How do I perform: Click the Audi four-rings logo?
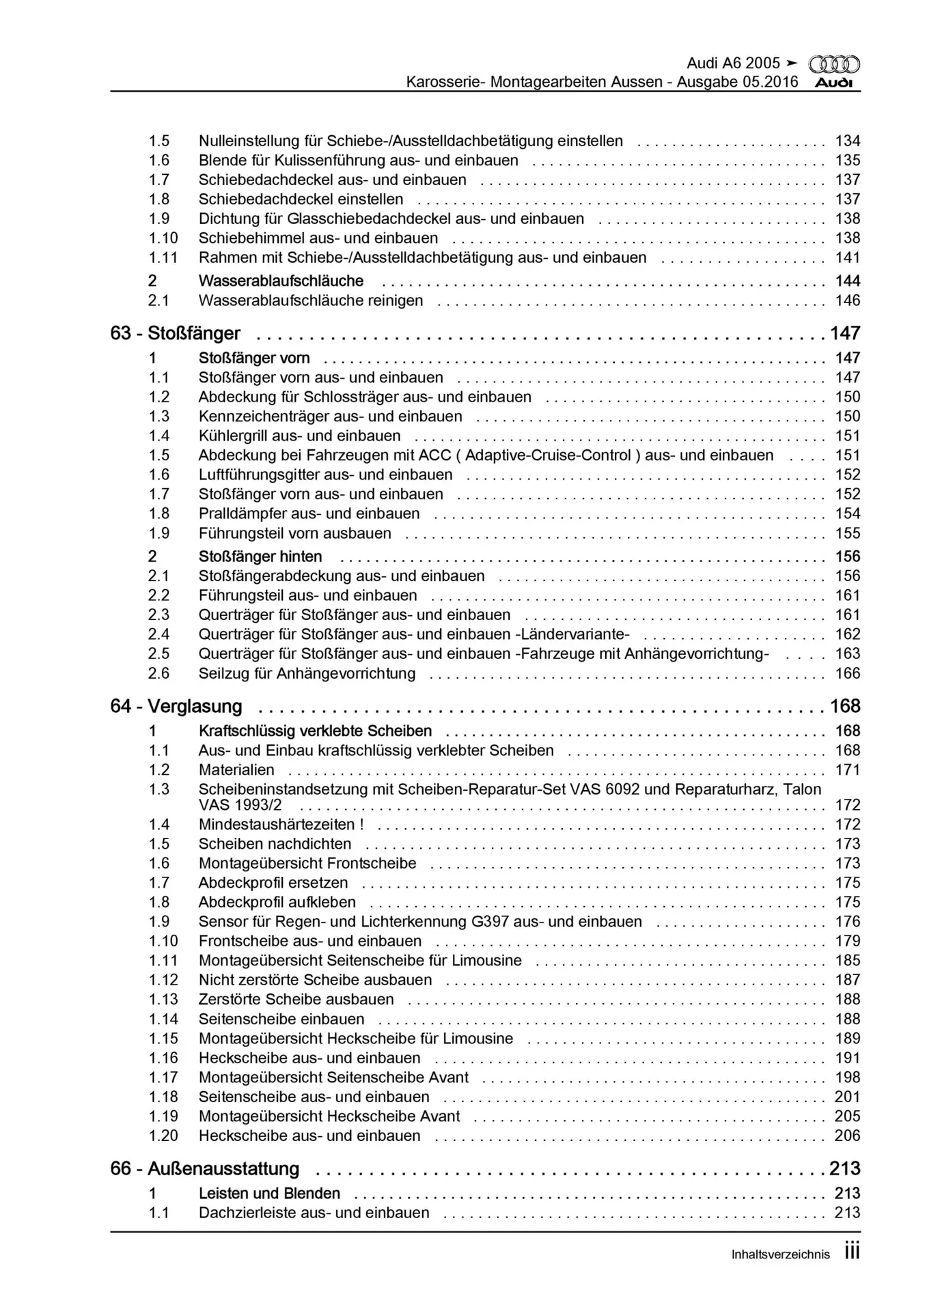[834, 65]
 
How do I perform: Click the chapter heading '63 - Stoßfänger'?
[176, 333]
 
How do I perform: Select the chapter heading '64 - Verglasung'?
[176, 706]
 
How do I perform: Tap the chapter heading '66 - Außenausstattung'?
[205, 1168]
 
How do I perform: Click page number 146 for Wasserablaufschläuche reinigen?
[847, 300]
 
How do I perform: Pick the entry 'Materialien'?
[236, 770]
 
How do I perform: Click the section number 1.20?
[163, 1136]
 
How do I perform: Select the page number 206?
[847, 1136]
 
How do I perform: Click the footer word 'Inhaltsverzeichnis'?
[780, 1254]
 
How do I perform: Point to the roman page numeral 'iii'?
[852, 1252]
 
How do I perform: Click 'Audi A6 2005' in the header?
[733, 63]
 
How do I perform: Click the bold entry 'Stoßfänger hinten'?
[260, 556]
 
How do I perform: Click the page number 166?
[847, 673]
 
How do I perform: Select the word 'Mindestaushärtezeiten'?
[276, 824]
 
